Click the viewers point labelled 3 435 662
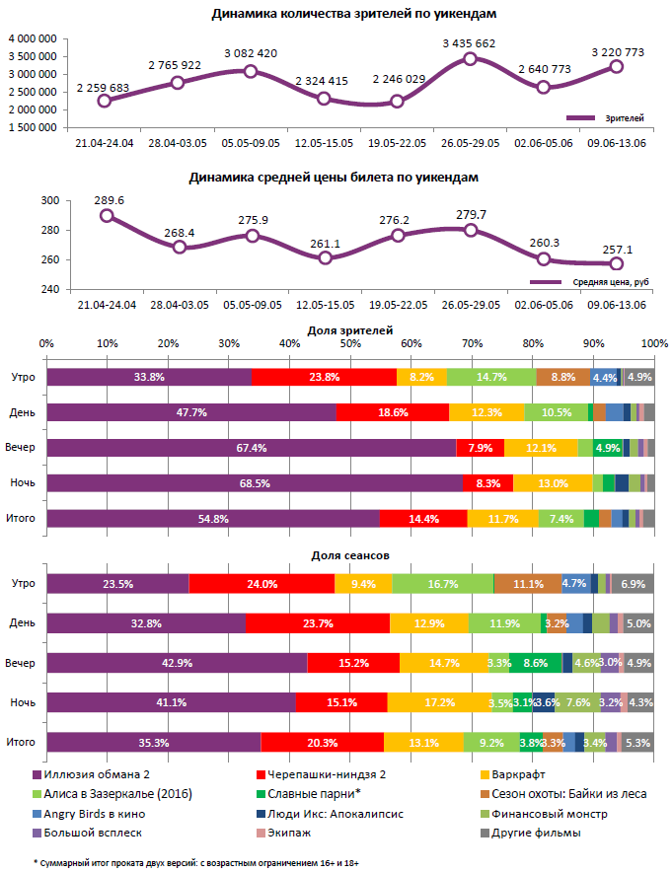470,59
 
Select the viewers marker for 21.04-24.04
105,100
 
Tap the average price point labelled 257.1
617,263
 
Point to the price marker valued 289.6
107,215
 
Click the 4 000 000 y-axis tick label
33,37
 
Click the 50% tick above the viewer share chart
350,343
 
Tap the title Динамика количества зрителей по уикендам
340,14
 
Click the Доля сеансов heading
350,556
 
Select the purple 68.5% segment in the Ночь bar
255,482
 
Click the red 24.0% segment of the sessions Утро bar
261,584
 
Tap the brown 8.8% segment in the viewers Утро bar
563,377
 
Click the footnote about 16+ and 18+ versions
197,862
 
